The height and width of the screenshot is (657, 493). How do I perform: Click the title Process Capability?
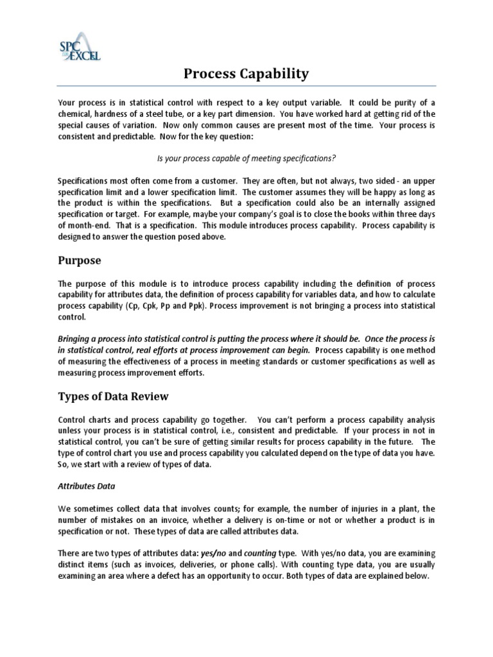click(246, 74)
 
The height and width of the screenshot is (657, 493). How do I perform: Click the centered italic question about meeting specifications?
click(246, 158)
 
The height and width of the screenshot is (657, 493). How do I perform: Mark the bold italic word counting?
click(259, 553)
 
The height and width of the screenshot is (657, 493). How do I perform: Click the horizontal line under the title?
click(246, 87)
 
